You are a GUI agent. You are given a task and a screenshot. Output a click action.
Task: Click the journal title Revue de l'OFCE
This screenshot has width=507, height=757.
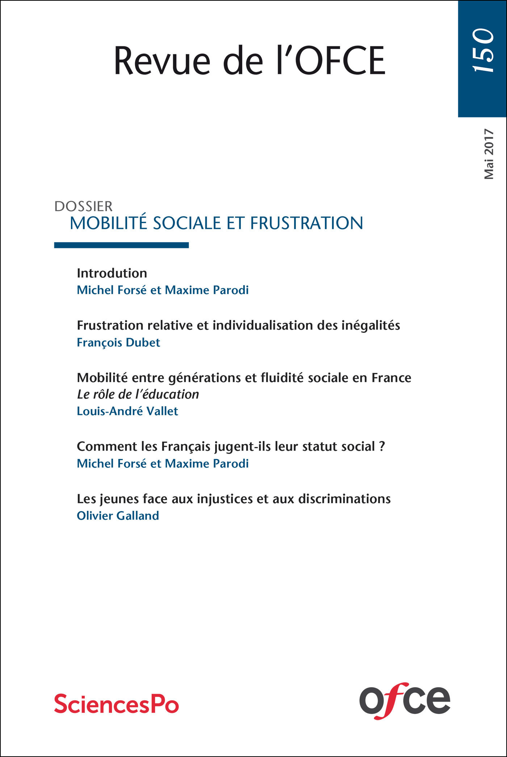[x=250, y=61]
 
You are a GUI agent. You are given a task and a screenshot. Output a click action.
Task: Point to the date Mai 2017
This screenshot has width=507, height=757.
[x=489, y=154]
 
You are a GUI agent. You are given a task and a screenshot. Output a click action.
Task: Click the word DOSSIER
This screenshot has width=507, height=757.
[x=83, y=206]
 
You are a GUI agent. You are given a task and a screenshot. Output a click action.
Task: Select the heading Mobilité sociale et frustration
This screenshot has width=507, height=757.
[x=216, y=223]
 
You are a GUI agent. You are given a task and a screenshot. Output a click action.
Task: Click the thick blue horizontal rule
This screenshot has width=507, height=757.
[x=121, y=245]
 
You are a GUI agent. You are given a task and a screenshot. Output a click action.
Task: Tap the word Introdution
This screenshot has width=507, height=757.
[x=112, y=273]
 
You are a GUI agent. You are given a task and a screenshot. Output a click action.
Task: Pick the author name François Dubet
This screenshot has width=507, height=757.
[x=118, y=342]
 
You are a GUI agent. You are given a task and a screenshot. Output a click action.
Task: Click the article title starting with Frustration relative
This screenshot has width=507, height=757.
[x=238, y=325]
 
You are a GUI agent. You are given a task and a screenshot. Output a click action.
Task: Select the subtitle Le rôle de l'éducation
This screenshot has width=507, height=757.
[x=138, y=394]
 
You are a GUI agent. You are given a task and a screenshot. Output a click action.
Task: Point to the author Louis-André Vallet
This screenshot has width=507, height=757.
[x=127, y=411]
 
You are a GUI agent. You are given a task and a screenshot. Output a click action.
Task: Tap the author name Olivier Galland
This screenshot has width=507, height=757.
[x=118, y=516]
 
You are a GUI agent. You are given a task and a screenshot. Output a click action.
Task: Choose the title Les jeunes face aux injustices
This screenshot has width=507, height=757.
[x=234, y=499]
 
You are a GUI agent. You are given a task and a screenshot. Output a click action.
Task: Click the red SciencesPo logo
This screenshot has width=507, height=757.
[x=117, y=704]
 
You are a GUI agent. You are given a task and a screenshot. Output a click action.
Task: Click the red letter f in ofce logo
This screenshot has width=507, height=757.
[x=389, y=700]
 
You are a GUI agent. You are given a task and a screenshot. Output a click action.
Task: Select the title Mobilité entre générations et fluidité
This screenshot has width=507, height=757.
[x=244, y=378]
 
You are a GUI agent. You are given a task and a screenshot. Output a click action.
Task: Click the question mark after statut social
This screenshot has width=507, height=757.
[x=382, y=446]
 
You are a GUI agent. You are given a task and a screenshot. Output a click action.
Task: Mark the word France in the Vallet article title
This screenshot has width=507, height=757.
[x=391, y=378]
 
